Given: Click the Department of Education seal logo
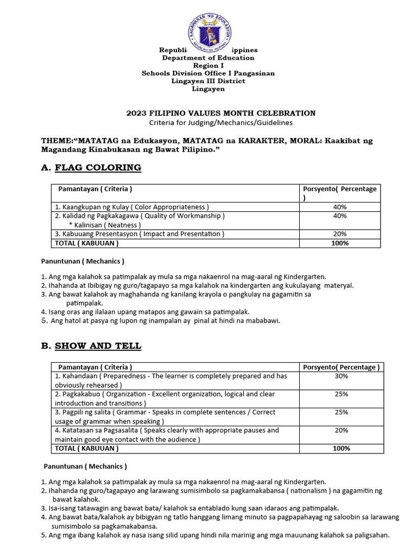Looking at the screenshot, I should coord(209,28).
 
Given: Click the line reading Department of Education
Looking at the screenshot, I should coord(208,58).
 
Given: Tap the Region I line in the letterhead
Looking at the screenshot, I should coord(208,65).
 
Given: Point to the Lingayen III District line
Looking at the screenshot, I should coord(208,80).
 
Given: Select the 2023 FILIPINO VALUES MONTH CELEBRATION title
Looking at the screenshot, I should coord(220,113).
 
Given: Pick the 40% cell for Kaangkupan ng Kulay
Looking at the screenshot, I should coord(340,207).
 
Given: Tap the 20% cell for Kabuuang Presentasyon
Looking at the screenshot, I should coord(340,234).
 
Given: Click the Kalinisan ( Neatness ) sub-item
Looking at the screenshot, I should coord(105,225).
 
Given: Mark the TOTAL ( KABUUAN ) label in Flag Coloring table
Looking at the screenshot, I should coord(86,243).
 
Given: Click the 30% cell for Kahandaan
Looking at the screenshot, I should coord(342,376).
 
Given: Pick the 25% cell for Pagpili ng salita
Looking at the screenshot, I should coord(342,412).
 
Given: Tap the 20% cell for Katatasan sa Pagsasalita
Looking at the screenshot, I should coord(342,430).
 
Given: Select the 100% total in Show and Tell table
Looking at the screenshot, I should coord(342,448).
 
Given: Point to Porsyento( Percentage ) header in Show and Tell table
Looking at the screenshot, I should coord(342,367).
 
